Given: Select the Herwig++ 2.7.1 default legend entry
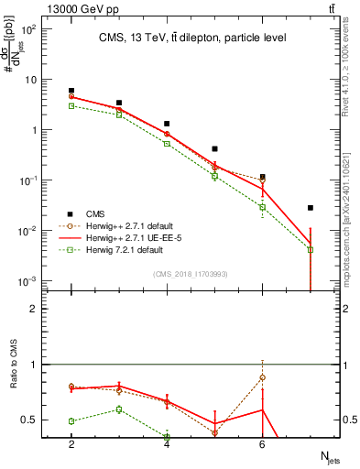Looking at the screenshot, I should [124, 225].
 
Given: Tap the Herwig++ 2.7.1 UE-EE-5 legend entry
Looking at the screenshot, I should [128, 237].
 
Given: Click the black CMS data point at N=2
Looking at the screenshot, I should [71, 91].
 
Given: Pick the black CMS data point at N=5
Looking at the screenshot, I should [214, 148].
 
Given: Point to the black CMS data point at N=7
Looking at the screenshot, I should [311, 208].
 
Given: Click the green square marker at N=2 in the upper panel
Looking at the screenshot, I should [71, 106].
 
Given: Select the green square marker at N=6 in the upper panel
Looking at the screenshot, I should [263, 207].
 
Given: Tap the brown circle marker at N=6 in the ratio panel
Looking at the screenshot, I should [263, 377].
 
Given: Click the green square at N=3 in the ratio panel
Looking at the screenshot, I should [119, 409].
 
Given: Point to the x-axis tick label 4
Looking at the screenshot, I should [167, 444].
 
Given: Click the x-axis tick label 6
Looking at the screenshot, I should [263, 444].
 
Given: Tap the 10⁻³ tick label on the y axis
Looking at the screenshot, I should [28, 280].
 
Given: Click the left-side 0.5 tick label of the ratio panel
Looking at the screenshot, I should [30, 420].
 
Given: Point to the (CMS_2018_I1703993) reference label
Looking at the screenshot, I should [190, 274].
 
